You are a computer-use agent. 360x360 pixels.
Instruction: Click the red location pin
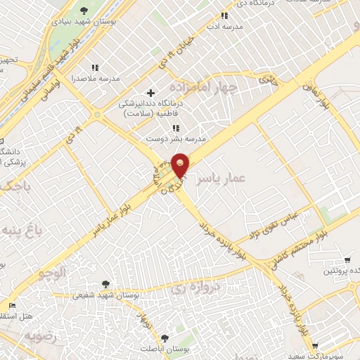(181, 165)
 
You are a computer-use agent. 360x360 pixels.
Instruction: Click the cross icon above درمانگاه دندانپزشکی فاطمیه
(150, 93)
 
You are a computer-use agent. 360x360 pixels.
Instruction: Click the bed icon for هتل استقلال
(11, 306)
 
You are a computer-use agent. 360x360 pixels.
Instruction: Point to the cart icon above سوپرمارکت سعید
(314, 345)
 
